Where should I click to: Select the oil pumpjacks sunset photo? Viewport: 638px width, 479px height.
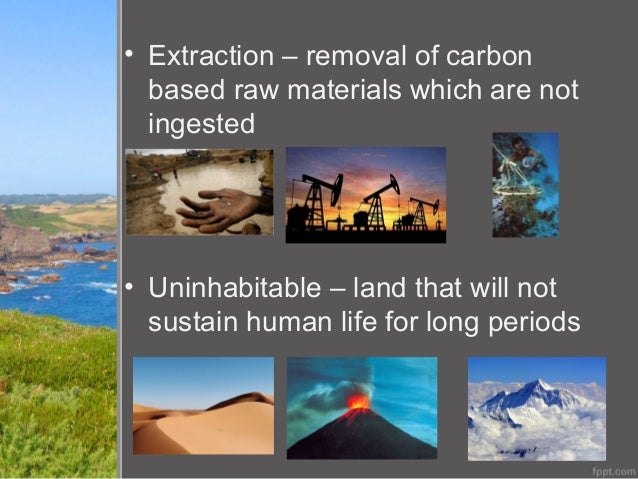pos(365,195)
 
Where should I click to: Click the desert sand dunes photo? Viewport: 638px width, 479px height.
pos(203,405)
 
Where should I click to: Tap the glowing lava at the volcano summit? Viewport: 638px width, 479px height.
pos(358,401)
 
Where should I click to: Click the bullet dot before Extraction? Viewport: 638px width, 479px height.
pos(129,53)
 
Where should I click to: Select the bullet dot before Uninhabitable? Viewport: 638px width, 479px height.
pos(129,287)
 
